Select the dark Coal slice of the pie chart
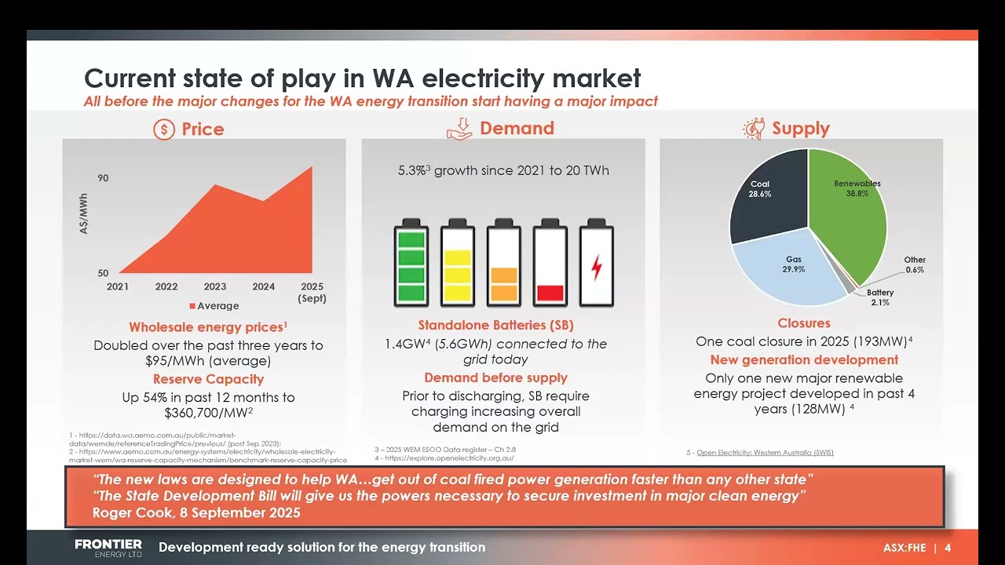766,196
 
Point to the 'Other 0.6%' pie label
914,264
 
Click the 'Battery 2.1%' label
880,297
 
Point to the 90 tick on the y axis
103,178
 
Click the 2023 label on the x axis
215,286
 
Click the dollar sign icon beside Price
163,129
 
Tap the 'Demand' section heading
517,129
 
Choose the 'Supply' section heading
800,129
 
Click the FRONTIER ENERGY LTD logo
108,548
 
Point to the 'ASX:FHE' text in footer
904,548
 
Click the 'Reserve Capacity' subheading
208,380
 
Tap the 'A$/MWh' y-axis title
84,214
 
